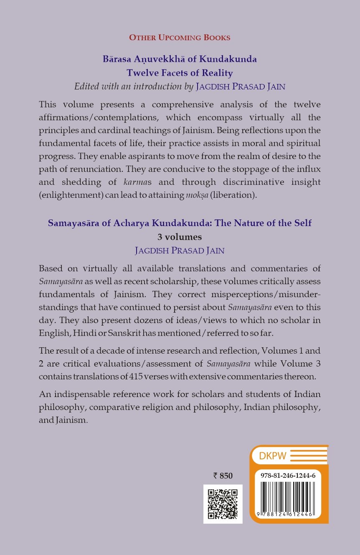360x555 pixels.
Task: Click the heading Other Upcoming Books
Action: pyautogui.click(x=180, y=38)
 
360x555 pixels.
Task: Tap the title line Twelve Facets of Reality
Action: pyautogui.click(x=180, y=73)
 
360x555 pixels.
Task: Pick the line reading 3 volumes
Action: pyautogui.click(x=180, y=237)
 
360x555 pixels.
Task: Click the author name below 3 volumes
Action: pyautogui.click(x=180, y=250)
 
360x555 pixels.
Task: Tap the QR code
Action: pyautogui.click(x=223, y=504)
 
